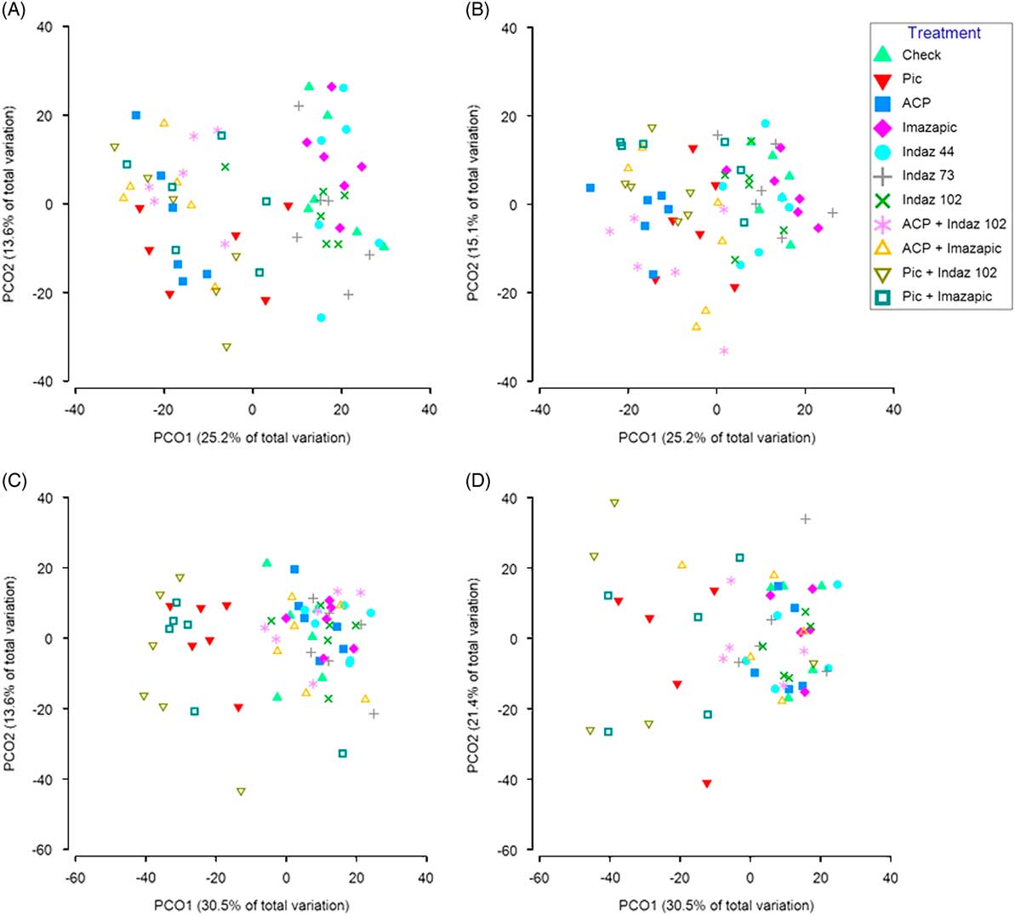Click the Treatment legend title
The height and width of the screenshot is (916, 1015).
click(x=944, y=33)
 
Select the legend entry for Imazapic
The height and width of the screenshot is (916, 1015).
click(x=929, y=127)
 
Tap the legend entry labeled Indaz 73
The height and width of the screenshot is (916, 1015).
click(x=927, y=175)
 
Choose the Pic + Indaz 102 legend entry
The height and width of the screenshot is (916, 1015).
click(x=949, y=272)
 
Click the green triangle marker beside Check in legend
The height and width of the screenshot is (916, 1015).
click(x=884, y=54)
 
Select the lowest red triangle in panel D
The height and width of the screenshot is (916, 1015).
click(x=706, y=783)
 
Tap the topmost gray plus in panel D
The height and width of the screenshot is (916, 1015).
click(x=805, y=519)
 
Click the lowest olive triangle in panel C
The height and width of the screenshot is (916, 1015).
click(x=241, y=792)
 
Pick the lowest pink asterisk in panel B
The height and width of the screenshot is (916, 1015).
click(x=724, y=351)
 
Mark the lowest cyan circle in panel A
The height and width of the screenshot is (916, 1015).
click(x=321, y=318)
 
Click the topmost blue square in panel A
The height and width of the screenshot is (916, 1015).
click(x=136, y=115)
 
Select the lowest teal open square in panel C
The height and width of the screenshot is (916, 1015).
click(x=342, y=753)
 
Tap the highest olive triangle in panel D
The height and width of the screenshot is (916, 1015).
click(x=614, y=503)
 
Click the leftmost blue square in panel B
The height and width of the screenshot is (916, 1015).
click(x=590, y=187)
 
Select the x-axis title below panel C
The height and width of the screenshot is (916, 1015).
click(x=251, y=905)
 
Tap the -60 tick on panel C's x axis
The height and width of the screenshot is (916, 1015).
click(x=75, y=877)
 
